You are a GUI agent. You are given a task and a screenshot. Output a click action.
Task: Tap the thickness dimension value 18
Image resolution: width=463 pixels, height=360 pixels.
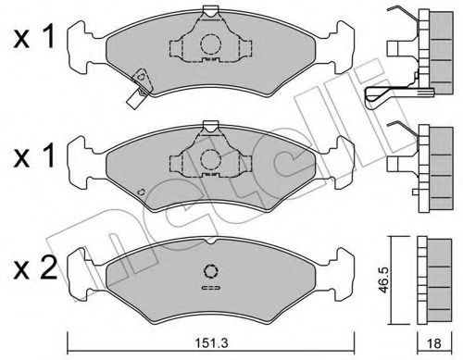(432, 341)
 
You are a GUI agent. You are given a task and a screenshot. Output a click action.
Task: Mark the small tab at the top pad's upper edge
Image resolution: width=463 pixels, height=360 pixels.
(211, 11)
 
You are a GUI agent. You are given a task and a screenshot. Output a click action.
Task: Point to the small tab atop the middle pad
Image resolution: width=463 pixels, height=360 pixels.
(211, 129)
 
